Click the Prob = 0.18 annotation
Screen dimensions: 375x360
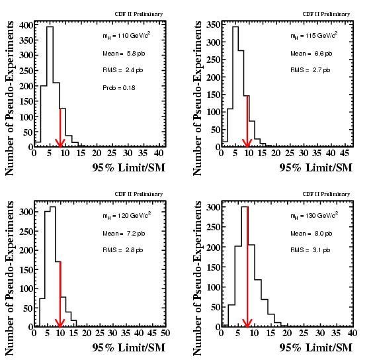tap(119, 88)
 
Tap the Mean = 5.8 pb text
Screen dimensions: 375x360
tap(124, 54)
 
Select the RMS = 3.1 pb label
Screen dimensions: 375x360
tap(310, 250)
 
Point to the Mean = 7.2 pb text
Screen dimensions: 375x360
tap(124, 234)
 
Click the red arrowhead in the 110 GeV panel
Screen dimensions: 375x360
tap(60, 143)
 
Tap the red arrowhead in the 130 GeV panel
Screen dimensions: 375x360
tap(247, 323)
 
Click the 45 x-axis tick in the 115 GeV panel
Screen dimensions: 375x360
tap(345, 153)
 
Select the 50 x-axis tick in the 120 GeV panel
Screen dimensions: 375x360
tap(165, 333)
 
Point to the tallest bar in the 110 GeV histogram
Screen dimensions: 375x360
tap(50, 87)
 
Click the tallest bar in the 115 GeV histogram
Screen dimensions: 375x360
tap(235, 87)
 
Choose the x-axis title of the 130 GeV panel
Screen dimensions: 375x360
tap(316, 348)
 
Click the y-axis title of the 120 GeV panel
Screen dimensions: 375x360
tap(9, 278)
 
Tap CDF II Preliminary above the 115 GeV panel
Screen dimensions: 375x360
tap(326, 14)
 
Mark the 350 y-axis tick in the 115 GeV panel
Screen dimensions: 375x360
tap(214, 24)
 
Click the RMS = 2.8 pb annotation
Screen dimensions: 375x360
tap(123, 250)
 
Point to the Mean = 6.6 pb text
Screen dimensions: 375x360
tap(312, 54)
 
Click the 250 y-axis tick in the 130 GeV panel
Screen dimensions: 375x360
tap(214, 227)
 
